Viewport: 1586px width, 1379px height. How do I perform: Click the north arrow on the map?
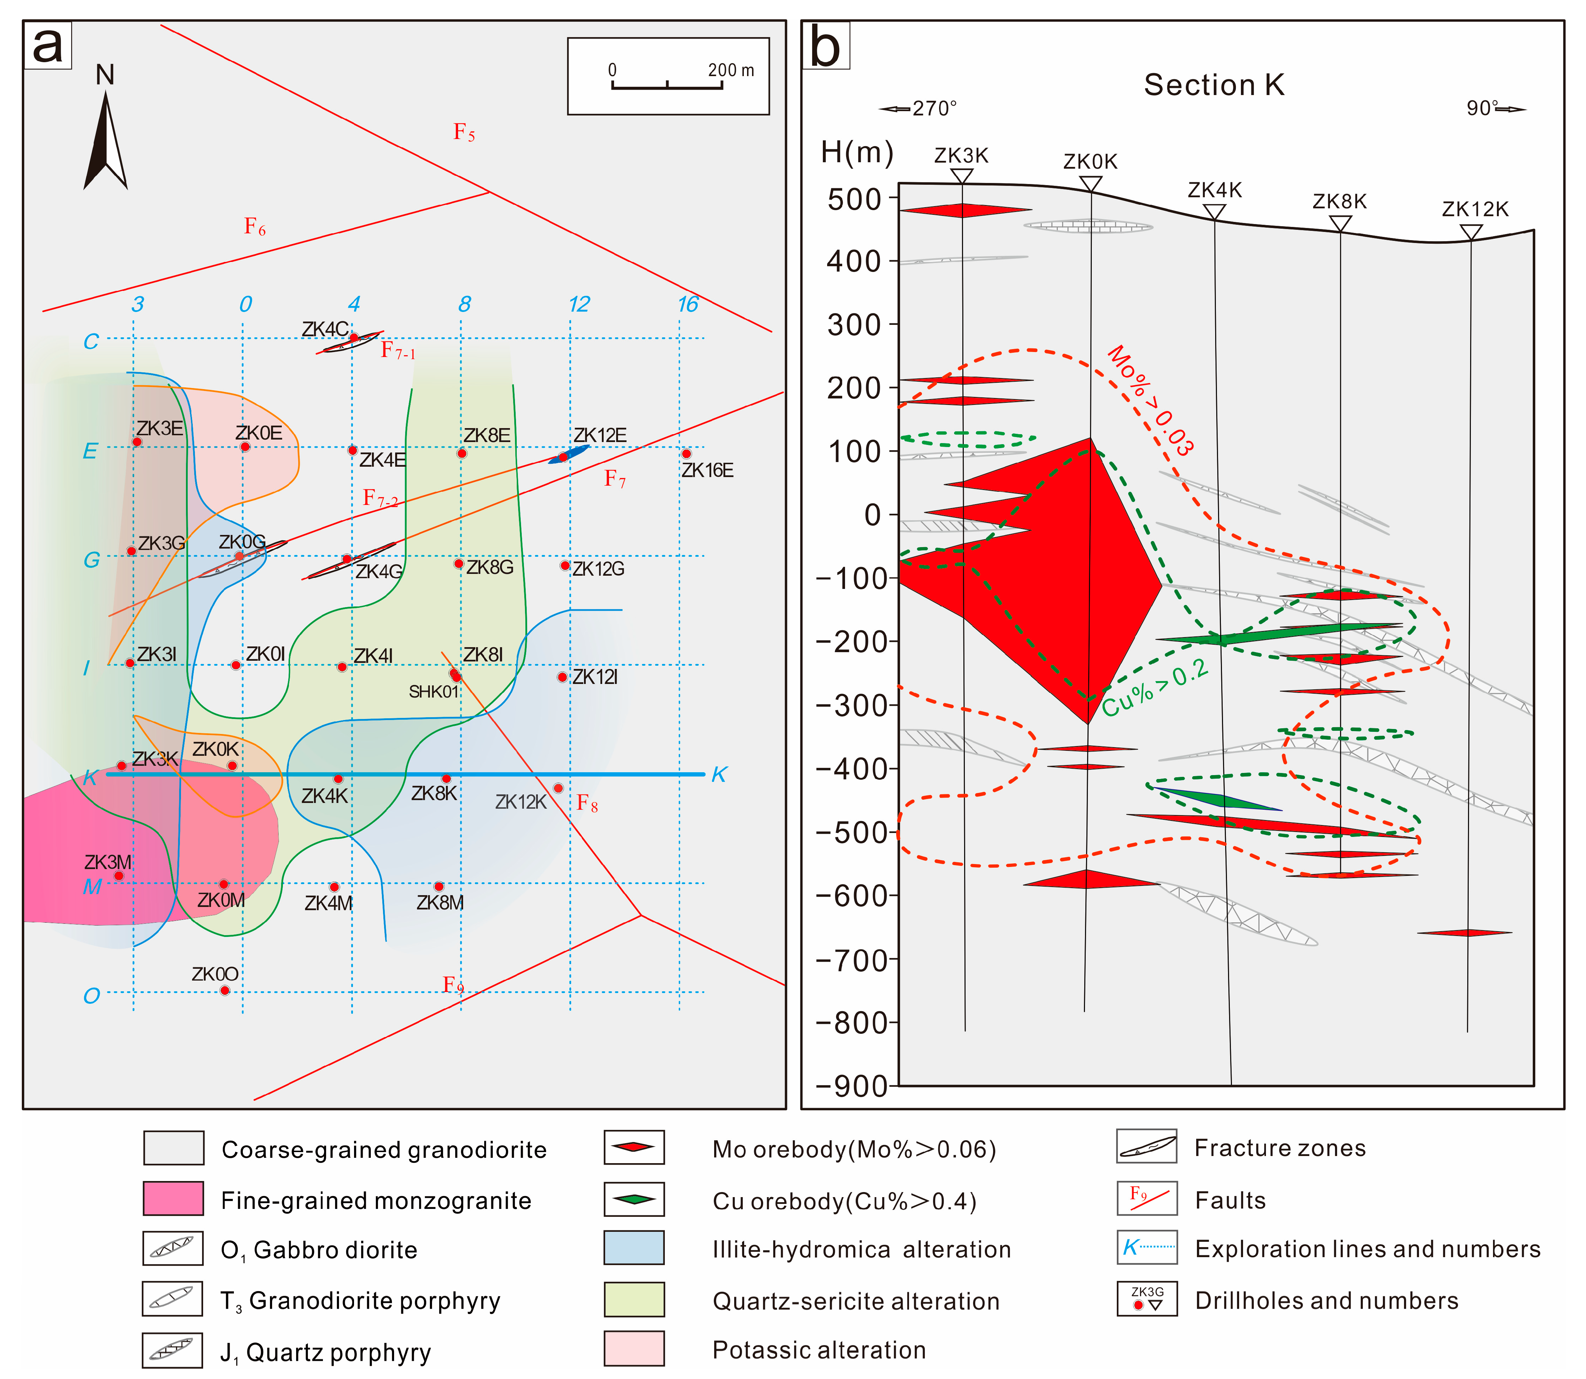click(105, 142)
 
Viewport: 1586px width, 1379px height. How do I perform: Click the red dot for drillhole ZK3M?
click(119, 876)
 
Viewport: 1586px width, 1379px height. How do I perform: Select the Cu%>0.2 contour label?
click(1155, 687)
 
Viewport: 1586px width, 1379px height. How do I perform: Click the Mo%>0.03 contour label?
click(1150, 400)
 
